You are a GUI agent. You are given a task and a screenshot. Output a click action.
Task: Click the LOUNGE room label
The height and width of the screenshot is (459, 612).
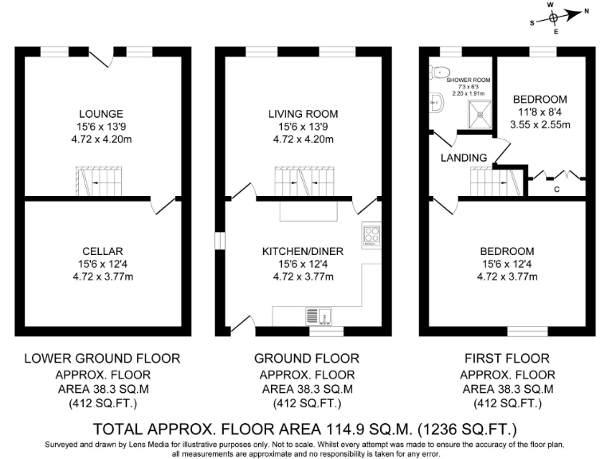point(100,113)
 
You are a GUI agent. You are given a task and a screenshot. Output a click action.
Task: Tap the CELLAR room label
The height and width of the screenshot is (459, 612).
point(100,251)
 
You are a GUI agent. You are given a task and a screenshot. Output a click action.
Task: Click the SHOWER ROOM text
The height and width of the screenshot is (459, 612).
point(468,80)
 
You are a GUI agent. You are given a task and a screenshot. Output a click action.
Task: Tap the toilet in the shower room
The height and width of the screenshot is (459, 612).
point(436,72)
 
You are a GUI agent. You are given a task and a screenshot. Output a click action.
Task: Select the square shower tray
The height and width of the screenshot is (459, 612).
point(481,112)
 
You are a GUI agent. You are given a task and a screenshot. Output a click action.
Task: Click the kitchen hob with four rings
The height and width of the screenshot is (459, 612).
point(372,234)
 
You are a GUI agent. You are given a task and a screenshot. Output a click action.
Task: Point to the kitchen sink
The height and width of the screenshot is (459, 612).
point(324,316)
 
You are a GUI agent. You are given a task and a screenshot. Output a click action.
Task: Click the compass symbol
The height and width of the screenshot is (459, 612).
point(555,16)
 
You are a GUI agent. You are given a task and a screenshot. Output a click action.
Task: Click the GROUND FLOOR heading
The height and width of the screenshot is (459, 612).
point(306,358)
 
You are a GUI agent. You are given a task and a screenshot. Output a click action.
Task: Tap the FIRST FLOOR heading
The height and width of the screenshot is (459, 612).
point(508,358)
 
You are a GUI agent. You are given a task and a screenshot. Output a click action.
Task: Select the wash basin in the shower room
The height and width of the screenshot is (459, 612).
point(434,101)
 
